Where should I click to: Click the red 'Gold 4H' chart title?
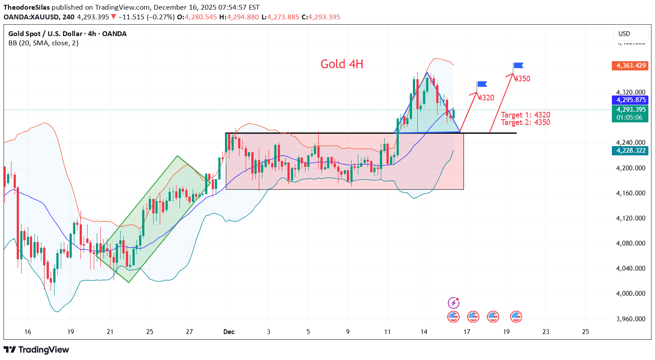click(x=342, y=64)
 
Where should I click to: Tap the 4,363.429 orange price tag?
click(x=631, y=66)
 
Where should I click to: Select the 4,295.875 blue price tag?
click(x=631, y=100)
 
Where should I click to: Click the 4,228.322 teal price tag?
click(x=631, y=151)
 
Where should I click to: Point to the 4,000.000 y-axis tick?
click(x=631, y=294)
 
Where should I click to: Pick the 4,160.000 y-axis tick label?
click(x=631, y=193)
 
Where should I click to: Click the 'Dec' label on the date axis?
click(x=229, y=332)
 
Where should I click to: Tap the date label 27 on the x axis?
click(x=189, y=332)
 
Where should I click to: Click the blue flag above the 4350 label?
click(x=518, y=66)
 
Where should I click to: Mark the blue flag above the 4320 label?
click(x=482, y=84)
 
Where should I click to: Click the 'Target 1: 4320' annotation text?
click(x=526, y=115)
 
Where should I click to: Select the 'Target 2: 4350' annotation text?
click(x=526, y=122)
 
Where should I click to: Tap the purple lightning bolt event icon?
click(x=453, y=303)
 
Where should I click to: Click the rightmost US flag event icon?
click(x=516, y=316)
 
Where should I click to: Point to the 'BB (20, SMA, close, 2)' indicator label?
click(x=43, y=43)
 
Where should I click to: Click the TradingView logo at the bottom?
click(x=37, y=350)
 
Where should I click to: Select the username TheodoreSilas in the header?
click(x=26, y=7)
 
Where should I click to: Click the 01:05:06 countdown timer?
click(x=629, y=118)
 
